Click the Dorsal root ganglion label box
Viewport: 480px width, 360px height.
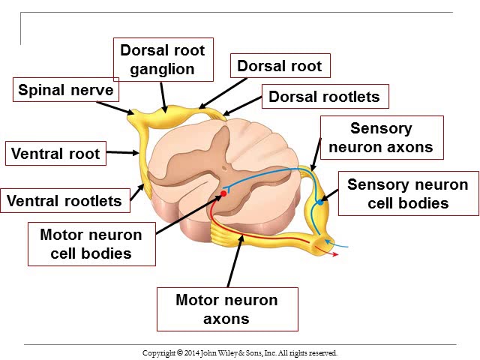click(162, 59)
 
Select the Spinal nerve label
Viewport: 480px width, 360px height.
click(66, 91)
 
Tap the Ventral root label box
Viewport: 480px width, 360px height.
click(55, 154)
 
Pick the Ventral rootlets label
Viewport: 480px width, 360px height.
click(64, 201)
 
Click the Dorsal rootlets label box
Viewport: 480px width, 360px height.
click(324, 96)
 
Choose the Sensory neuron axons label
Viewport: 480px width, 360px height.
click(381, 137)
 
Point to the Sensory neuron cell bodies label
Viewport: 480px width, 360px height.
click(408, 193)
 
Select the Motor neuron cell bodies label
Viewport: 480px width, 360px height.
click(91, 244)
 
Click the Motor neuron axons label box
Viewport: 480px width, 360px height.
click(226, 309)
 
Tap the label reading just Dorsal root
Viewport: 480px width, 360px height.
click(279, 66)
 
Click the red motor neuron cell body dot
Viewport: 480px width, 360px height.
click(222, 194)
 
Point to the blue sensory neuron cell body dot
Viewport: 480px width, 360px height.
click(320, 202)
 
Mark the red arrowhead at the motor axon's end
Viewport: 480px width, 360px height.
click(335, 254)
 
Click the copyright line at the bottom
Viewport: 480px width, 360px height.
click(240, 352)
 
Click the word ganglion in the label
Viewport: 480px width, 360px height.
click(162, 70)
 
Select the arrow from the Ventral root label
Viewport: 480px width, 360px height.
click(123, 154)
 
